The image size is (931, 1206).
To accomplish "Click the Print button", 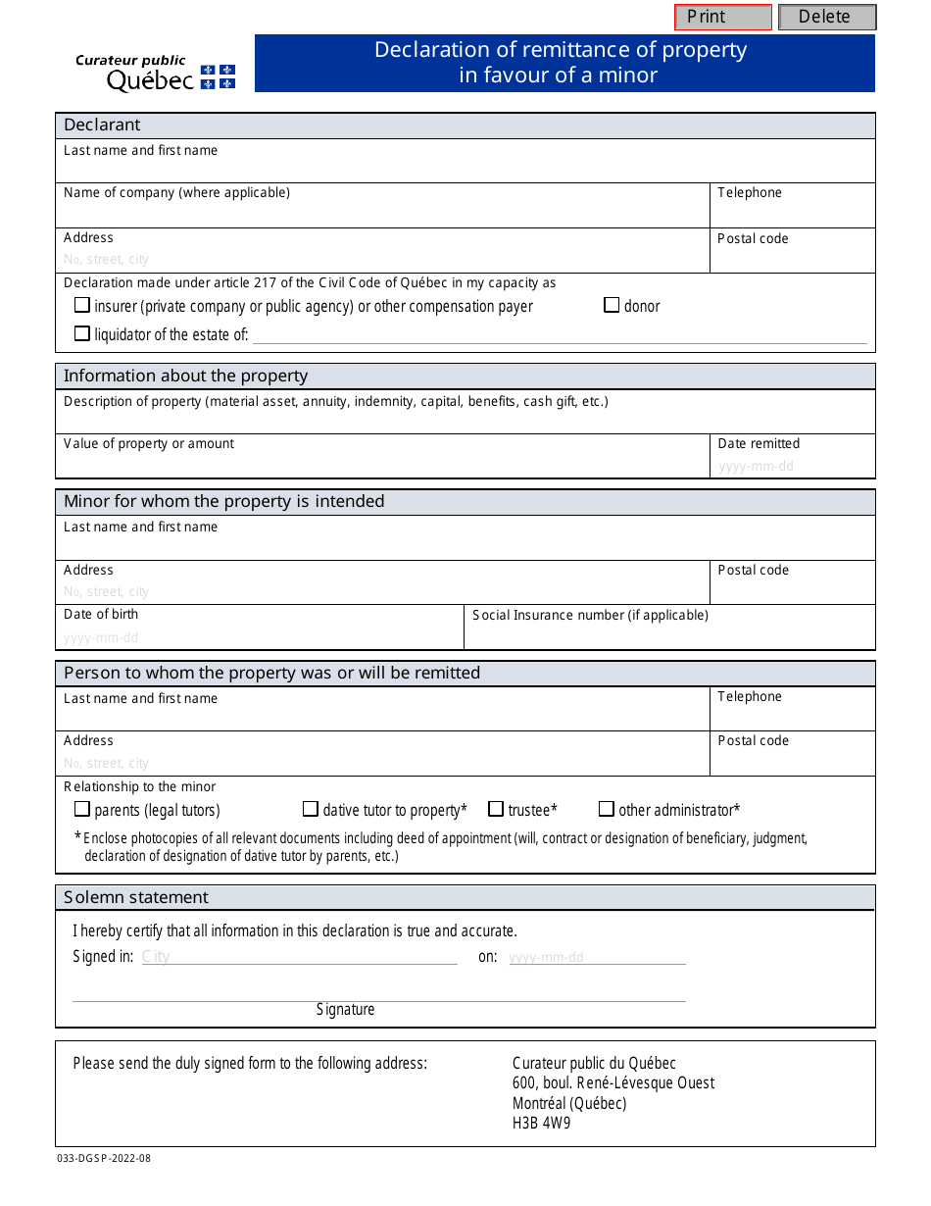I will click(x=723, y=17).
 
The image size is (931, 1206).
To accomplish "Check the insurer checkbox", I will click(x=82, y=305).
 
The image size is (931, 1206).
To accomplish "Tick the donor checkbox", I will click(x=612, y=305).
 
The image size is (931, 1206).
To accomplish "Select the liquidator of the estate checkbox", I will click(x=82, y=333).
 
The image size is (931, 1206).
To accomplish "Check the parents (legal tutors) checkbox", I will click(x=82, y=809).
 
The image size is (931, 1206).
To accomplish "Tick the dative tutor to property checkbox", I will click(x=311, y=809).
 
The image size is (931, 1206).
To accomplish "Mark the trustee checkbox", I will click(x=496, y=809).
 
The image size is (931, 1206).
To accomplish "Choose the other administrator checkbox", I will click(x=607, y=809).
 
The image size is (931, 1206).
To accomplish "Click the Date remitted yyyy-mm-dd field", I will click(x=757, y=466).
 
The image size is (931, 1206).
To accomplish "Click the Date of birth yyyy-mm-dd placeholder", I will click(x=102, y=637).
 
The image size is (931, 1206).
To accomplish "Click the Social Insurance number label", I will click(x=590, y=615).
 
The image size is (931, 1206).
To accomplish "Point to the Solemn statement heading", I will click(x=136, y=897).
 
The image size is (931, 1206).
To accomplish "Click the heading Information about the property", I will click(x=185, y=376).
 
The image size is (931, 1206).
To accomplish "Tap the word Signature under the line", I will click(x=345, y=1009).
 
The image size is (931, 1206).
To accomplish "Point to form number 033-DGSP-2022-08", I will click(x=104, y=1158).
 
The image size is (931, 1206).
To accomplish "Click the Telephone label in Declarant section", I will click(x=750, y=192).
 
